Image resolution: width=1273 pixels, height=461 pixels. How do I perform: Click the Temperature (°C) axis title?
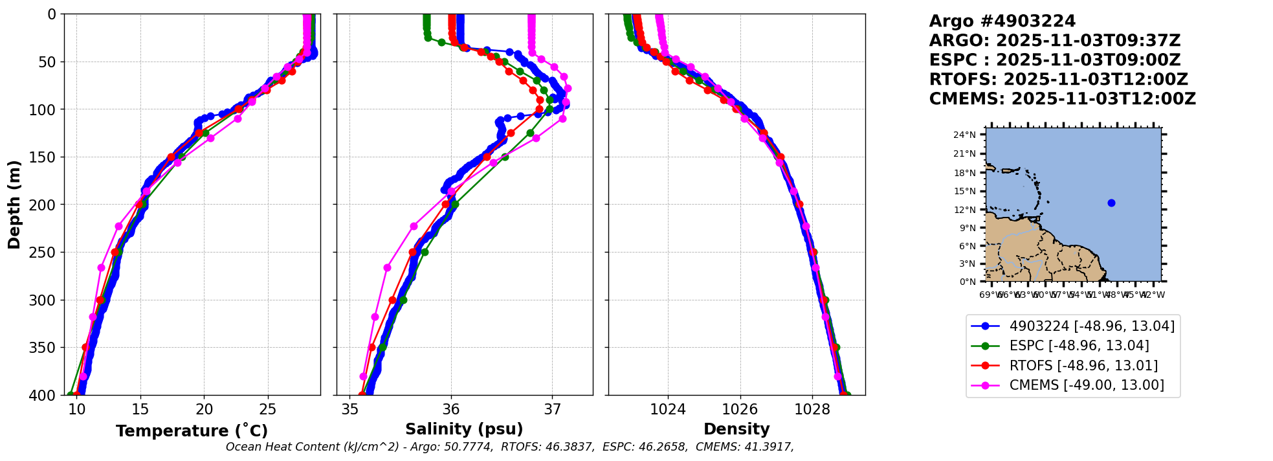tap(192, 431)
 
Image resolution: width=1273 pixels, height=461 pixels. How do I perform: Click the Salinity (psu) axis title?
tap(464, 429)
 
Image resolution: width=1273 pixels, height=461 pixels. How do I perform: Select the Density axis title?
tap(736, 429)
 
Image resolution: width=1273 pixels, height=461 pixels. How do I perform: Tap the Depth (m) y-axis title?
tap(14, 204)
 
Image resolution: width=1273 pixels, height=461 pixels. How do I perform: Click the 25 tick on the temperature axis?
tap(268, 409)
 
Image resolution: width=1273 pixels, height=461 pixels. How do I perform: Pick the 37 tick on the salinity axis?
tap(552, 409)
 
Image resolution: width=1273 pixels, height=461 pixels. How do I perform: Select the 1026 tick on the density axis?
tap(740, 409)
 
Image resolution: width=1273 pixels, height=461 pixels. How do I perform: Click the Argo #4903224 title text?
tap(1002, 21)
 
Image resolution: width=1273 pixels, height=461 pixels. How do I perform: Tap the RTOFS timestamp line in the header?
tap(1058, 80)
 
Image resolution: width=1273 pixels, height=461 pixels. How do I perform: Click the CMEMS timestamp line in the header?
tap(1062, 99)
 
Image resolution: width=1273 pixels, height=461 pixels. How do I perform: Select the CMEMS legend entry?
tap(1087, 385)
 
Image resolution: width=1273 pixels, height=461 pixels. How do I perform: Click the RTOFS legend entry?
tap(1083, 366)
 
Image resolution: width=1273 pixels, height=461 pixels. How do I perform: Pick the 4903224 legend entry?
tap(1092, 326)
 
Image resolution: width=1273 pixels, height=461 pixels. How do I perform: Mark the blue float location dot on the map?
tap(1111, 203)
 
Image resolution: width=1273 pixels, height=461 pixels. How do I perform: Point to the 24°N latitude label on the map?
tap(964, 135)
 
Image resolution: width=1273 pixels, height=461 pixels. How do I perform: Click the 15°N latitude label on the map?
tap(964, 191)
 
